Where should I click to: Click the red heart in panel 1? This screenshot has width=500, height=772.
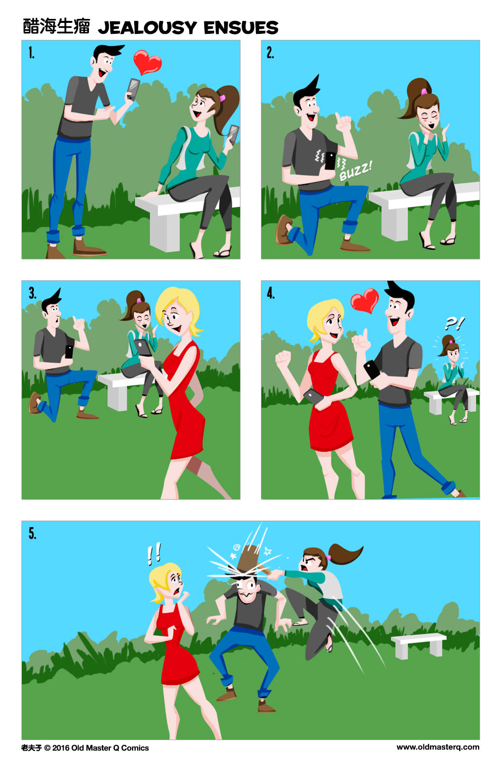[148, 62]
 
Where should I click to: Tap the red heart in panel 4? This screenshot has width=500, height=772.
[364, 300]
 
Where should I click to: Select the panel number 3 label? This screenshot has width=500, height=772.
[32, 293]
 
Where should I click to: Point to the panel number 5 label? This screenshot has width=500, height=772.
[32, 534]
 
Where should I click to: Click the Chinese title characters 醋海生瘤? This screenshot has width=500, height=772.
[56, 26]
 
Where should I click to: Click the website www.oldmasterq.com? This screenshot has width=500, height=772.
[438, 747]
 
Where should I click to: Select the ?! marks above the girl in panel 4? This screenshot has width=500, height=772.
[454, 324]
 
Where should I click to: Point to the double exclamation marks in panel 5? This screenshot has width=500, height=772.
[154, 554]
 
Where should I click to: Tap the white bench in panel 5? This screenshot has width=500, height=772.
[418, 644]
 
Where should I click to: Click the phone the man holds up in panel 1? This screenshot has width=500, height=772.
[133, 89]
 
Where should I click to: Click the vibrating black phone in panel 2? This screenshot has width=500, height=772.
[330, 161]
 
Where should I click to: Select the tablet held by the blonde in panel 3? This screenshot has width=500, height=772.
[143, 347]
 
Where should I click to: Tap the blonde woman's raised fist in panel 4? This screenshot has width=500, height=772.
[283, 357]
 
